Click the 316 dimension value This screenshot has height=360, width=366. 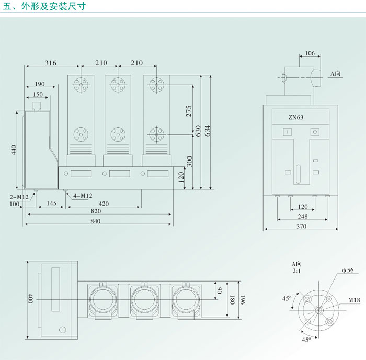tap(50, 63)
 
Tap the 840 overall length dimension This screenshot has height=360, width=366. tap(95, 221)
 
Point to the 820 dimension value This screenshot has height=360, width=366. tap(95, 211)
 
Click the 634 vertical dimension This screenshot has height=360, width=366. tap(208, 130)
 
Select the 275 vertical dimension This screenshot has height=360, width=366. tap(189, 111)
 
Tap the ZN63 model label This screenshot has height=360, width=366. tap(295, 117)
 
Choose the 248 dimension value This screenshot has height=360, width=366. tap(302, 216)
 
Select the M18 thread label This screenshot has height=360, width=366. tap(355, 301)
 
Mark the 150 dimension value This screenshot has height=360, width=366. tap(38, 95)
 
